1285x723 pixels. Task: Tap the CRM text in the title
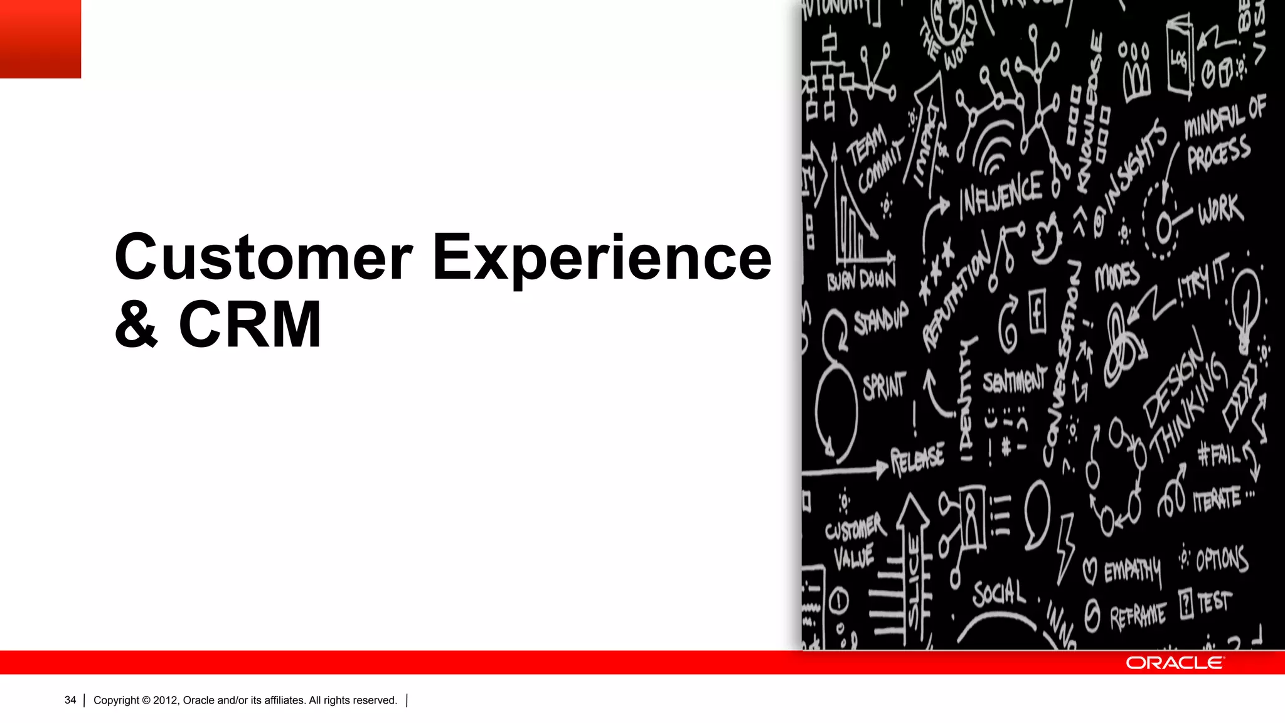click(250, 324)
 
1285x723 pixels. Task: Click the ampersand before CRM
click(136, 324)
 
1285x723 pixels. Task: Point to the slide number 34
click(70, 700)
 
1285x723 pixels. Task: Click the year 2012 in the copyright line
click(166, 700)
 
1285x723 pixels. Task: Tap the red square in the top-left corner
click(40, 39)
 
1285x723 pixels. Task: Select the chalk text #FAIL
click(1218, 454)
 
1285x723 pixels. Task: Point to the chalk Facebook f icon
click(1037, 311)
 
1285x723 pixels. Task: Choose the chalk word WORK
click(1220, 210)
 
